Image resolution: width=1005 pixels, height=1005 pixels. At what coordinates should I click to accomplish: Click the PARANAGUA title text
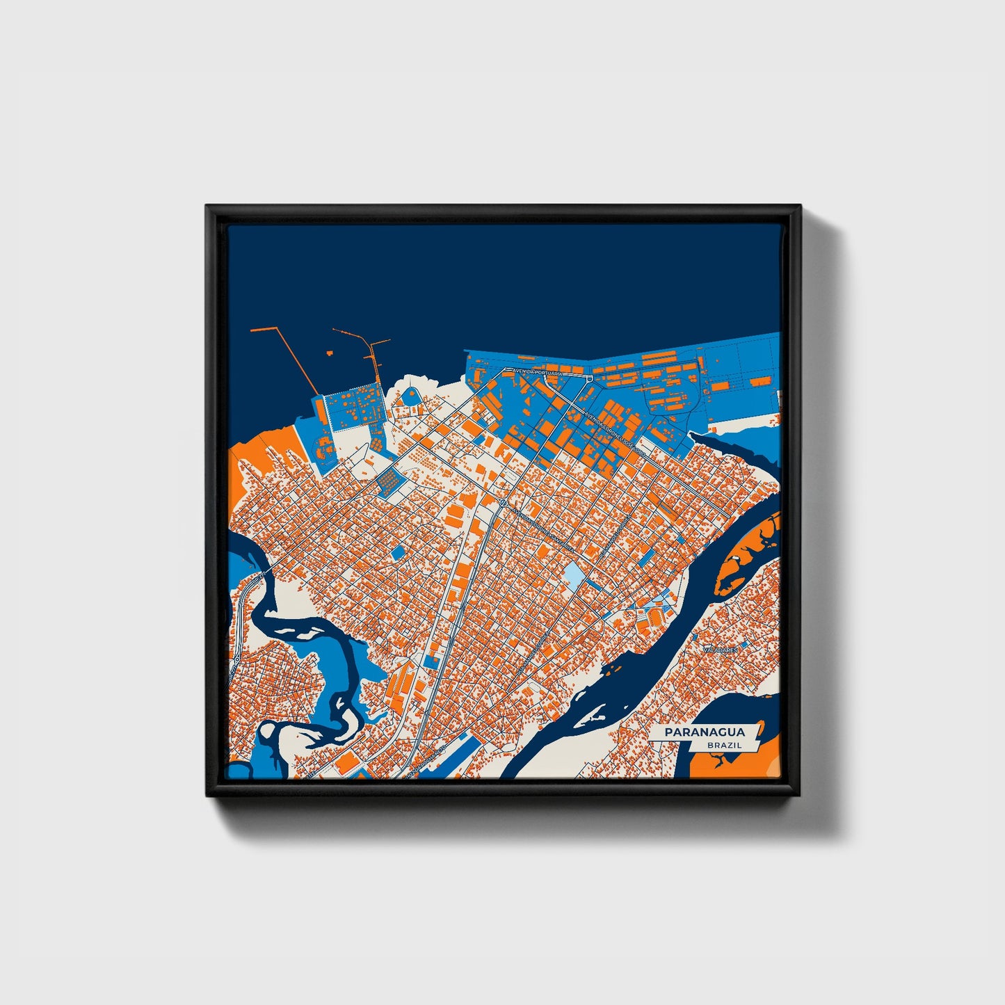704,732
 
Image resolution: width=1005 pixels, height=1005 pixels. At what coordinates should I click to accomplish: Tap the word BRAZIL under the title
723,745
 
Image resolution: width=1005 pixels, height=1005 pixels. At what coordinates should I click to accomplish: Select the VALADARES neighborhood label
719,650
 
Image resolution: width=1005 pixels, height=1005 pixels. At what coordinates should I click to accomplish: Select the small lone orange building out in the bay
328,353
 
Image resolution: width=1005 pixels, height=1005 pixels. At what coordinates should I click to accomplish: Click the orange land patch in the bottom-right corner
730,762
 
